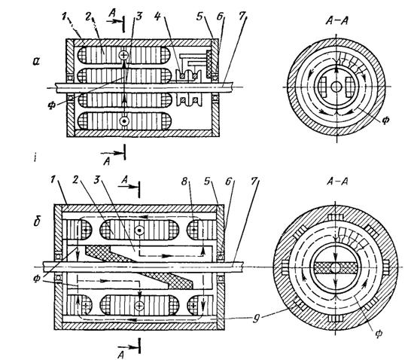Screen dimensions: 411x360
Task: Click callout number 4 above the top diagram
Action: [157, 17]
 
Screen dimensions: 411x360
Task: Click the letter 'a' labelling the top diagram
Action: [35, 62]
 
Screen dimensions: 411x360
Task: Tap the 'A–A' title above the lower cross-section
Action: [337, 182]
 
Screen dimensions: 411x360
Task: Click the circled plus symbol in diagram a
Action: [123, 55]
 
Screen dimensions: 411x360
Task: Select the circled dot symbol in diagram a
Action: [123, 121]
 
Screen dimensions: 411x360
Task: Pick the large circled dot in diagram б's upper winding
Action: [139, 230]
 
